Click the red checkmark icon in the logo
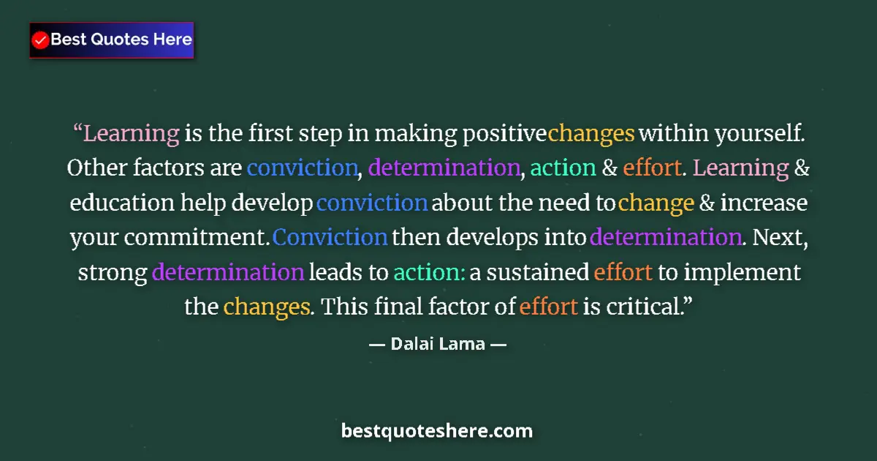(41, 40)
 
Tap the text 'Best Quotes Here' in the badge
(121, 40)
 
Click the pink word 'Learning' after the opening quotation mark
(132, 135)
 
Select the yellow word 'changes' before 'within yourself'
(591, 134)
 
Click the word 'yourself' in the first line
(756, 134)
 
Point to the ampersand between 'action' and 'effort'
(610, 168)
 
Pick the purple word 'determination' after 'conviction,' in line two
(444, 168)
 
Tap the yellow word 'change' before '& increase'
(656, 203)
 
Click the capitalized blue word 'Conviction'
(330, 238)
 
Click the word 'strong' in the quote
(113, 273)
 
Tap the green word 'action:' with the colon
(429, 273)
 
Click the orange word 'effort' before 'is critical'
(549, 307)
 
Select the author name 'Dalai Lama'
(438, 343)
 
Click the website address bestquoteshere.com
(437, 431)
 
